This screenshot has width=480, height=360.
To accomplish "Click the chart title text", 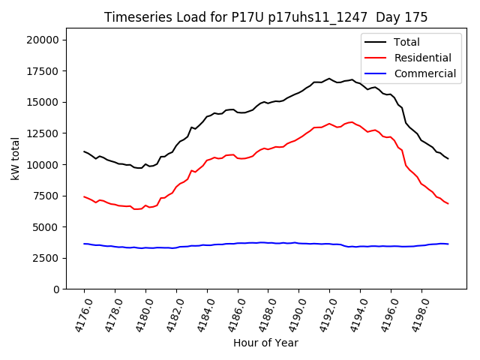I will pos(265,17).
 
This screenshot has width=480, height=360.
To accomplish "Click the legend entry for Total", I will pos(406,42).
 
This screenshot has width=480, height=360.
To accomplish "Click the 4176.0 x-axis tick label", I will pos(79,315).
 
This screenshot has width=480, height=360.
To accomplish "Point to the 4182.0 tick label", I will pos(171,315).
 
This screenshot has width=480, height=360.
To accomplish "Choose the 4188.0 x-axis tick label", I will pos(262,315).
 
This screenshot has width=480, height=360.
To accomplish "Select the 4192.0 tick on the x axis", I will pos(324,315).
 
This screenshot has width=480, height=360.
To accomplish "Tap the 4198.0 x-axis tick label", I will pos(415,315).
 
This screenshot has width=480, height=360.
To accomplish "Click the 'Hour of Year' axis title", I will pos(265,343).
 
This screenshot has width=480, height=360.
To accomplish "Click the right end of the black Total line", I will pos(448,158).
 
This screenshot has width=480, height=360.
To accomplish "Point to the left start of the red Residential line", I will pos(84,196).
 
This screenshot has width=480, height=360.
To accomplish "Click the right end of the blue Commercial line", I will pos(448,244).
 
